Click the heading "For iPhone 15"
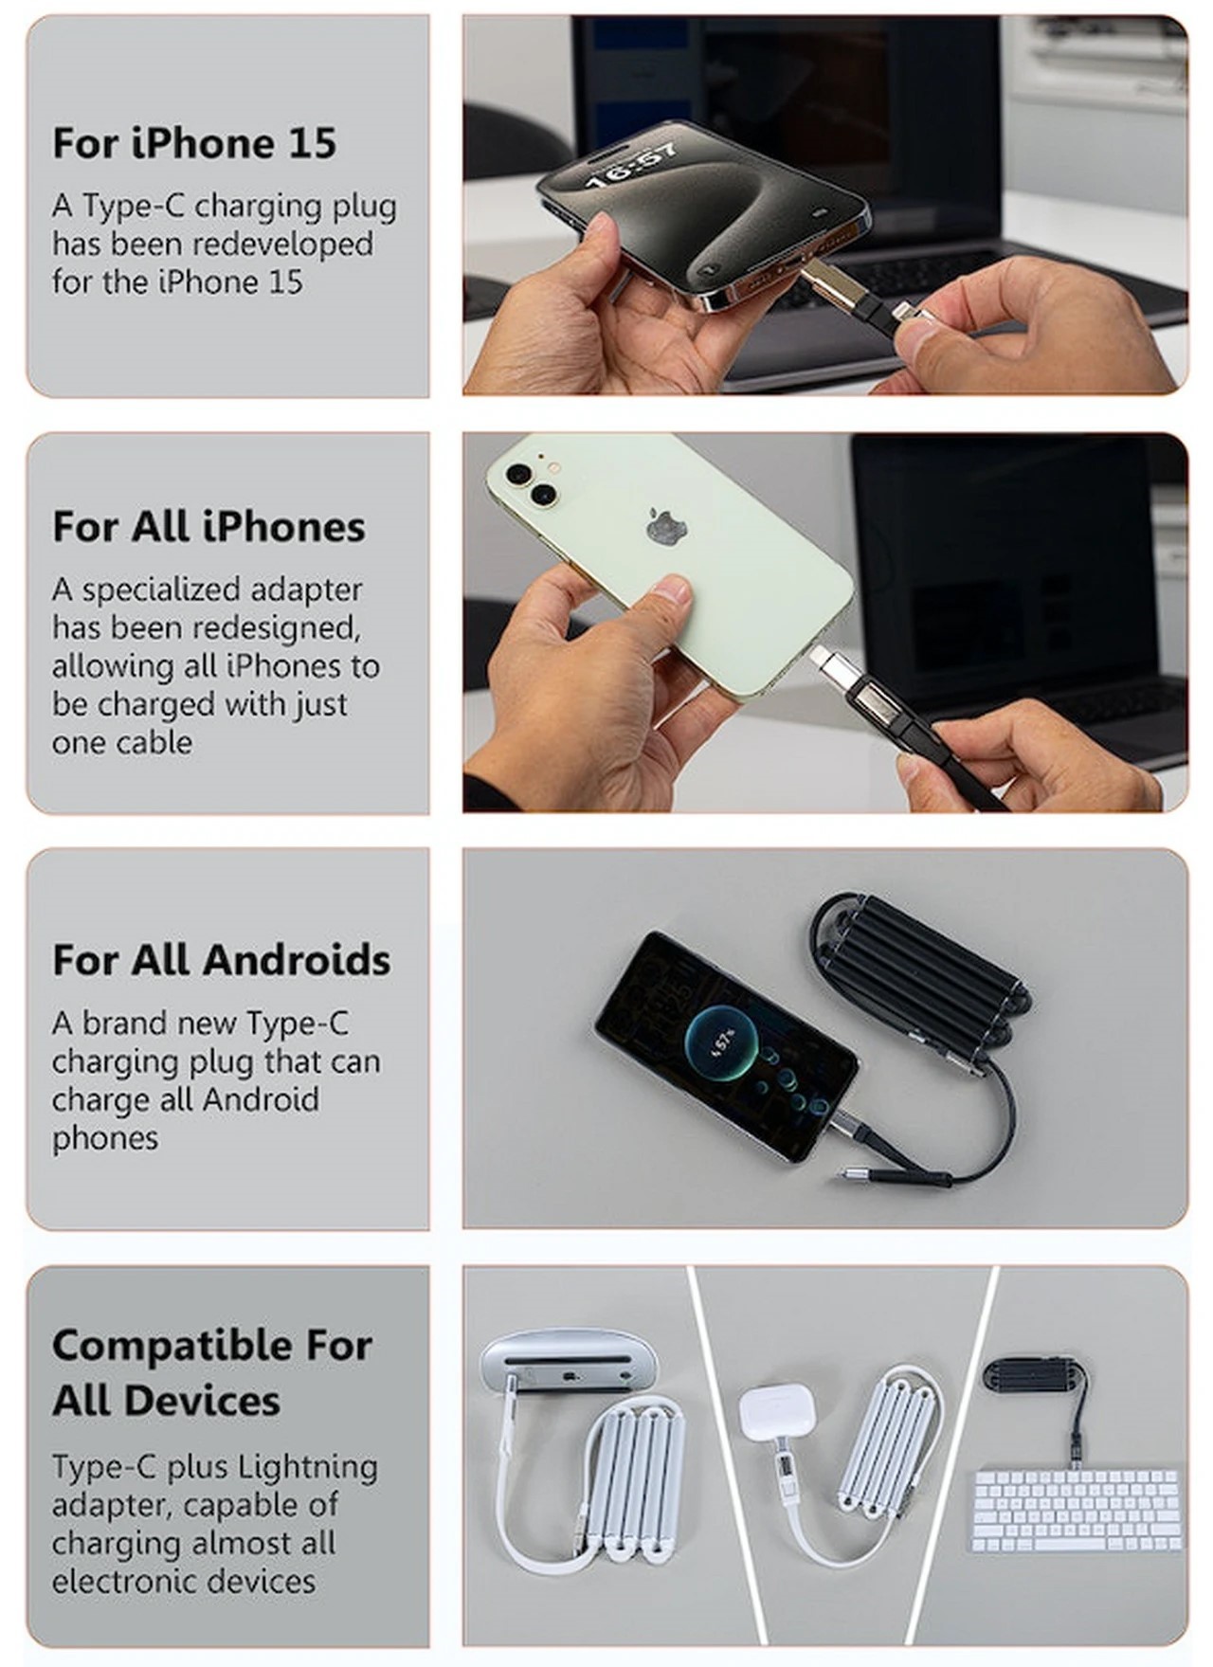click(x=194, y=143)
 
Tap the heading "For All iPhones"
click(x=208, y=527)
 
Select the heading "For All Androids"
click(x=221, y=960)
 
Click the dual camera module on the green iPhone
click(x=531, y=481)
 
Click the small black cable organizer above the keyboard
click(x=1035, y=1376)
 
